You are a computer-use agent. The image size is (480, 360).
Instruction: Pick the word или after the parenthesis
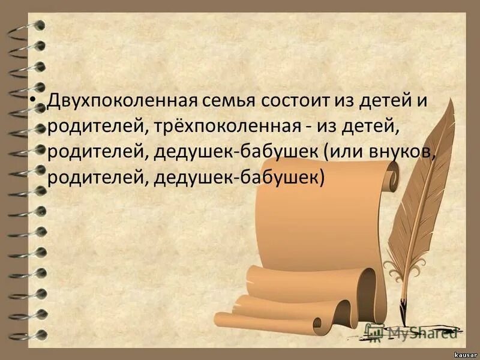pyautogui.click(x=349, y=152)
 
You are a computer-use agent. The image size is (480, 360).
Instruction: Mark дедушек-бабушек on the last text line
pyautogui.click(x=238, y=178)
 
